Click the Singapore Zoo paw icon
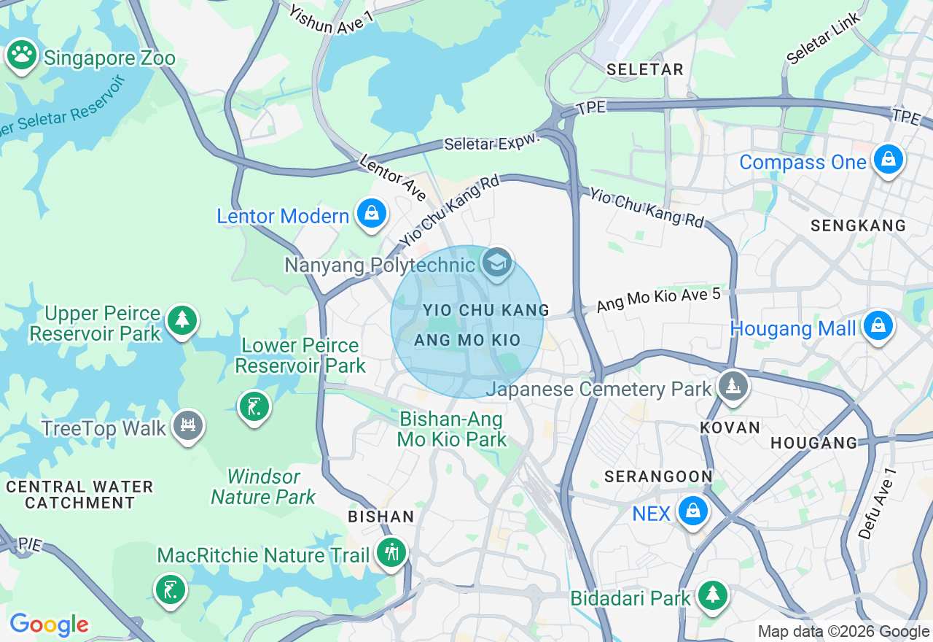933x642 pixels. pos(22,55)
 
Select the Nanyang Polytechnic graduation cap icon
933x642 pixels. pos(497,263)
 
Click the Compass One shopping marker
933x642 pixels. pos(888,159)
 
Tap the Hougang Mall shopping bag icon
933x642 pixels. pos(878,326)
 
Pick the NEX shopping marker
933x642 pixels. pos(692,512)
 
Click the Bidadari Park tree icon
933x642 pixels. pos(712,596)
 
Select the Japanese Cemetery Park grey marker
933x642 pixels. pos(733,387)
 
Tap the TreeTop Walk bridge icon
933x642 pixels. pos(188,425)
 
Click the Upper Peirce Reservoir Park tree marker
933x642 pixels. pos(181,321)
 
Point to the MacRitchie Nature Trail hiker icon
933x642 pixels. pos(392,553)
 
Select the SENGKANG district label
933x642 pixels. pos(858,226)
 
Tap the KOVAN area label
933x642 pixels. pos(730,428)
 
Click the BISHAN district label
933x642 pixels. pos(380,517)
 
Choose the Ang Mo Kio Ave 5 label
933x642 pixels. pos(658,300)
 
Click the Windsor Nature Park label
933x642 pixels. pos(263,487)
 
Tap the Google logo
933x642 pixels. pos(49,624)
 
